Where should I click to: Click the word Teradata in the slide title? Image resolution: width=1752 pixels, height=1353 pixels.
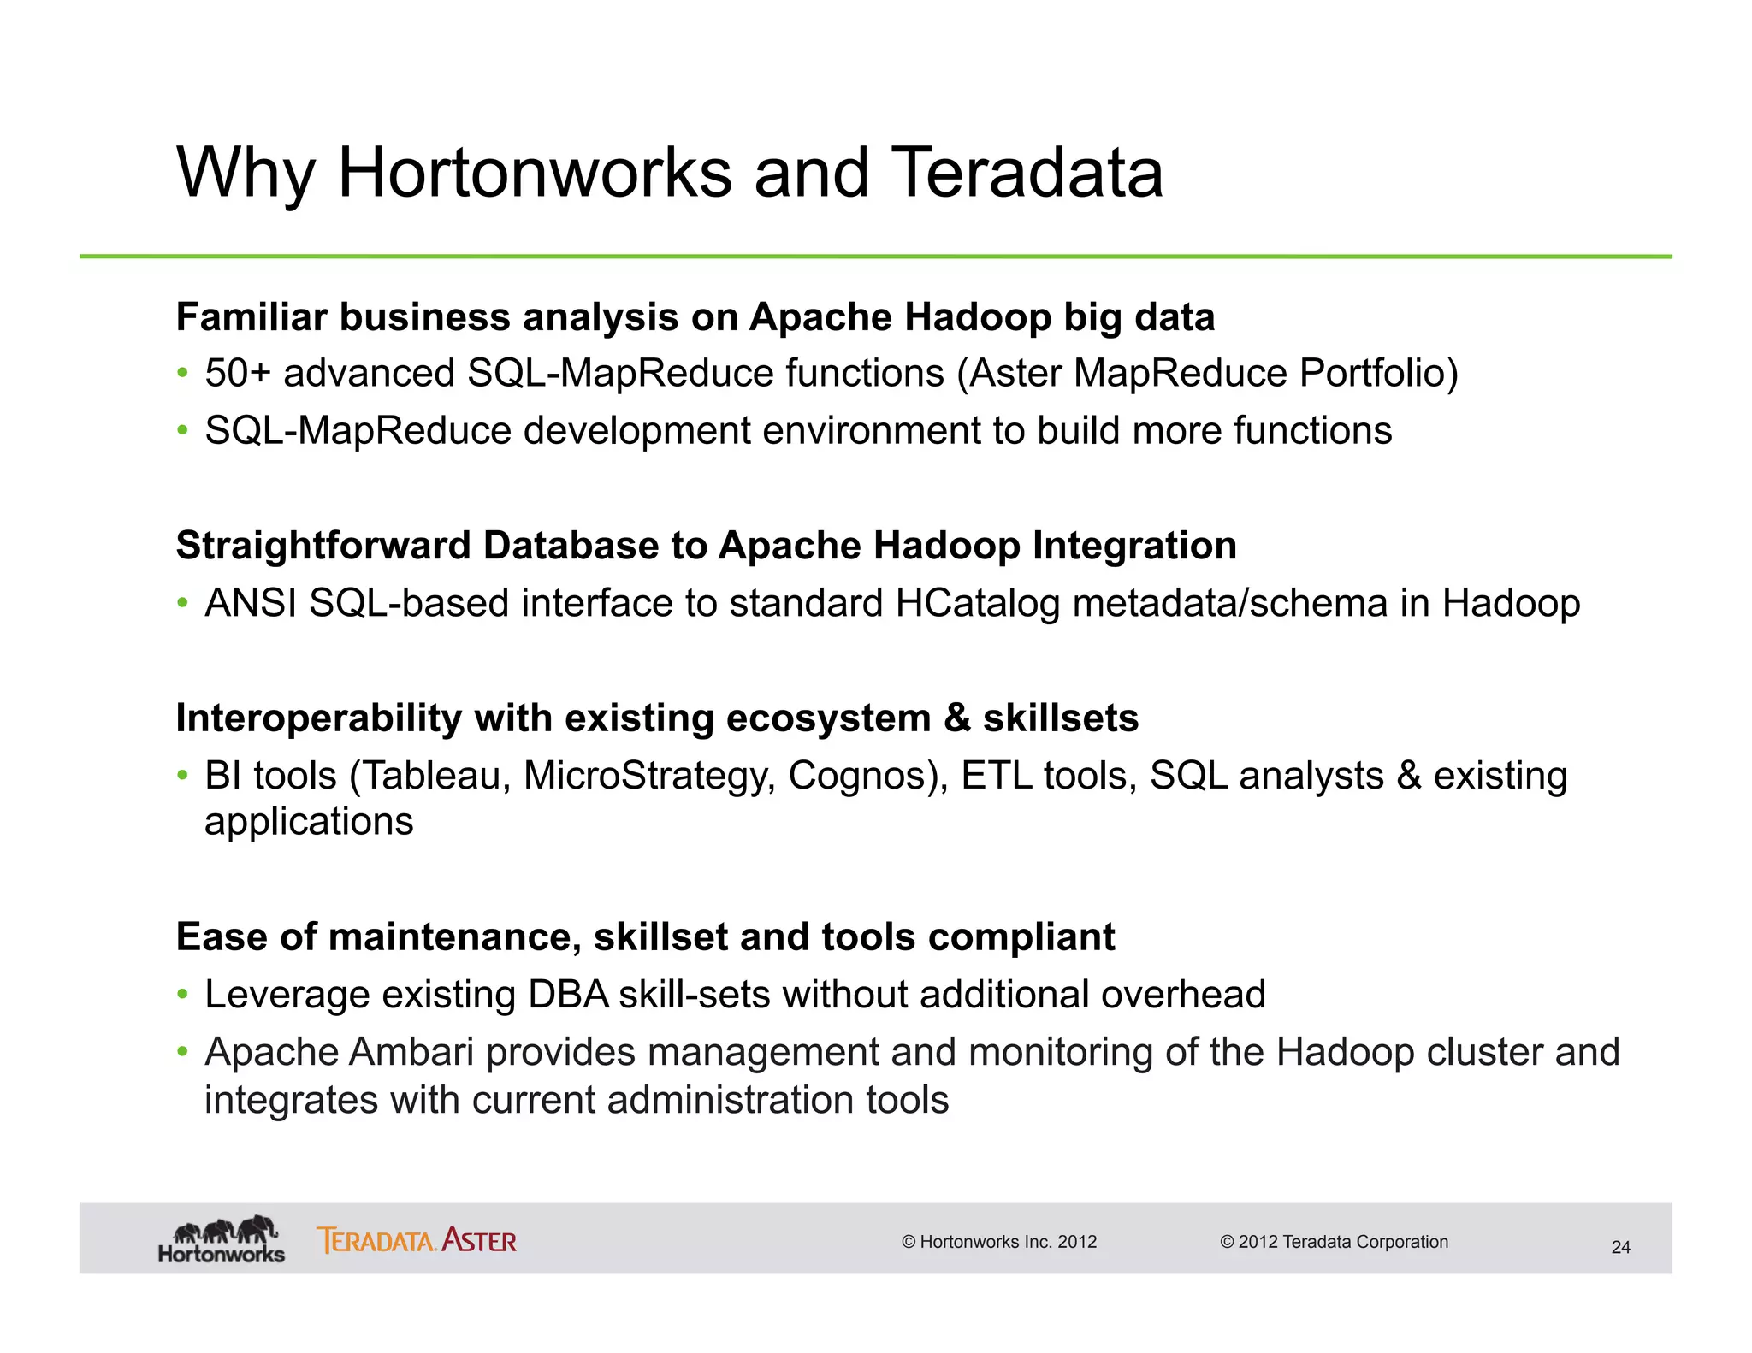[x=1027, y=174]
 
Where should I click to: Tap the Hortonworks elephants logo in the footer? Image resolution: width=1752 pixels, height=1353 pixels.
[x=222, y=1238]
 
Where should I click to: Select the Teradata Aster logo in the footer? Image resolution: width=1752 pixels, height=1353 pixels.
[x=417, y=1240]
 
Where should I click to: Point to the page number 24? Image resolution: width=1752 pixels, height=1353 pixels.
[x=1620, y=1247]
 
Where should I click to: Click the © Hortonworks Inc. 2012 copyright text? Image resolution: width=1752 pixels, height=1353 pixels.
[x=999, y=1242]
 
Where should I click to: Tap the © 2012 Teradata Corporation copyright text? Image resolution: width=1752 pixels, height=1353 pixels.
[x=1334, y=1242]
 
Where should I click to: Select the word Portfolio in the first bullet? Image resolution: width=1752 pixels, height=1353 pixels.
[x=1378, y=374]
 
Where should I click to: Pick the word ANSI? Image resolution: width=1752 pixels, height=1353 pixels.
[x=251, y=603]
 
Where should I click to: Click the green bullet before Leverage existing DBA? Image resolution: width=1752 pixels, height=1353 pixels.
[x=182, y=995]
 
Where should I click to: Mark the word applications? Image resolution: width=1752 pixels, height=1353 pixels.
[x=309, y=822]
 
